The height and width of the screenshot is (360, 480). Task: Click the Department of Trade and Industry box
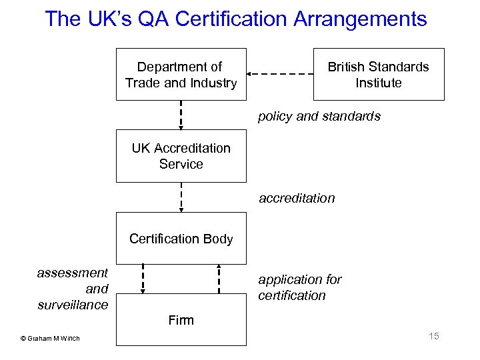click(x=181, y=75)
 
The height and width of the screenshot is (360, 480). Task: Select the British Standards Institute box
click(x=378, y=75)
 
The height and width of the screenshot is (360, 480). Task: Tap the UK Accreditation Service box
click(x=181, y=156)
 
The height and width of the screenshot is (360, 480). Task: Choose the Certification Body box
click(x=181, y=238)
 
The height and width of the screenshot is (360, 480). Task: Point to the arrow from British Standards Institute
click(x=280, y=74)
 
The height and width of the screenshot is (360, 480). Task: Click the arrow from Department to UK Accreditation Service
click(x=181, y=115)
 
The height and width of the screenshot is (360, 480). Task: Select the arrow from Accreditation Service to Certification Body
click(x=181, y=197)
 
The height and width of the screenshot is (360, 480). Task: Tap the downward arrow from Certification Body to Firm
click(x=143, y=279)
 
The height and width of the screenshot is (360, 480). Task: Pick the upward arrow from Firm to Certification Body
click(x=219, y=279)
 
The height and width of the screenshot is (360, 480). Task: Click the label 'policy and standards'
click(x=319, y=117)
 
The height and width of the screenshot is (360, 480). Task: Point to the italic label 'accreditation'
click(x=297, y=198)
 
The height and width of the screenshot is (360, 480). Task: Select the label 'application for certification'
click(x=300, y=287)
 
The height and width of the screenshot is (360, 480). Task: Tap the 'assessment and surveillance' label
click(x=73, y=289)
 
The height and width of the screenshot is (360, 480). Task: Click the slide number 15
click(x=434, y=336)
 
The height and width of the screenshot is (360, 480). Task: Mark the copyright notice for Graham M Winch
click(x=50, y=338)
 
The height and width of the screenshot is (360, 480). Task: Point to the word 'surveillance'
click(x=73, y=305)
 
